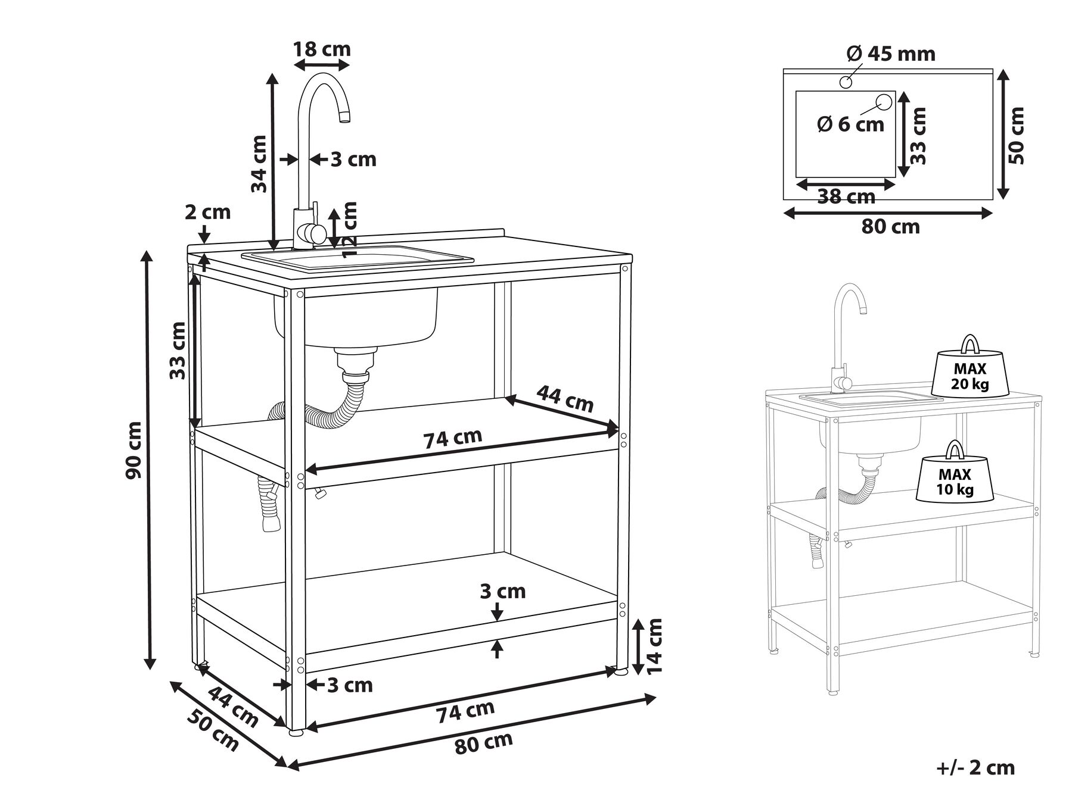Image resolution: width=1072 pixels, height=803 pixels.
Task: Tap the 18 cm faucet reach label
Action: [x=322, y=49]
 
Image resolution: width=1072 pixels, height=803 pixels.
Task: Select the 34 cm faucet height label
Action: [x=259, y=164]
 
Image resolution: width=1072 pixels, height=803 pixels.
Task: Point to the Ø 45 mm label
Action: [x=891, y=54]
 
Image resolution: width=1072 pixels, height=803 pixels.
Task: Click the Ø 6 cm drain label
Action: [x=850, y=124]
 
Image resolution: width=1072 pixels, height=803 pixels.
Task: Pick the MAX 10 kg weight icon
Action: [x=956, y=473]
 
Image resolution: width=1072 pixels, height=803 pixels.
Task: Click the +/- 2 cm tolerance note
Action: [x=975, y=768]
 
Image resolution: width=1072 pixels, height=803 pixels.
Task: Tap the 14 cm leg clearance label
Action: [x=654, y=646]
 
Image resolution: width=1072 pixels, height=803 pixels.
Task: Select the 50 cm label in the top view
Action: [x=1017, y=136]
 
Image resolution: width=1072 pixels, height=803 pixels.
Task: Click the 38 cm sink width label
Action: [x=846, y=196]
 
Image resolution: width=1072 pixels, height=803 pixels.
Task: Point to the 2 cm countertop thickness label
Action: [x=207, y=212]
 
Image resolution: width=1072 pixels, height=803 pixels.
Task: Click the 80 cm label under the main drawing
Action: [x=483, y=743]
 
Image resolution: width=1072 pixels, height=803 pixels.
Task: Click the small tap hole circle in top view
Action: [x=846, y=82]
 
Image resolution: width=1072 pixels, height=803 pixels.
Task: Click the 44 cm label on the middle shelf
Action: [x=565, y=398]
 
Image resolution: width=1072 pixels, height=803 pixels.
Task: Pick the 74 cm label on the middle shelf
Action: [x=452, y=438]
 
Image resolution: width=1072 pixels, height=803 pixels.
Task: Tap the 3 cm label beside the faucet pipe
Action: [x=353, y=160]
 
